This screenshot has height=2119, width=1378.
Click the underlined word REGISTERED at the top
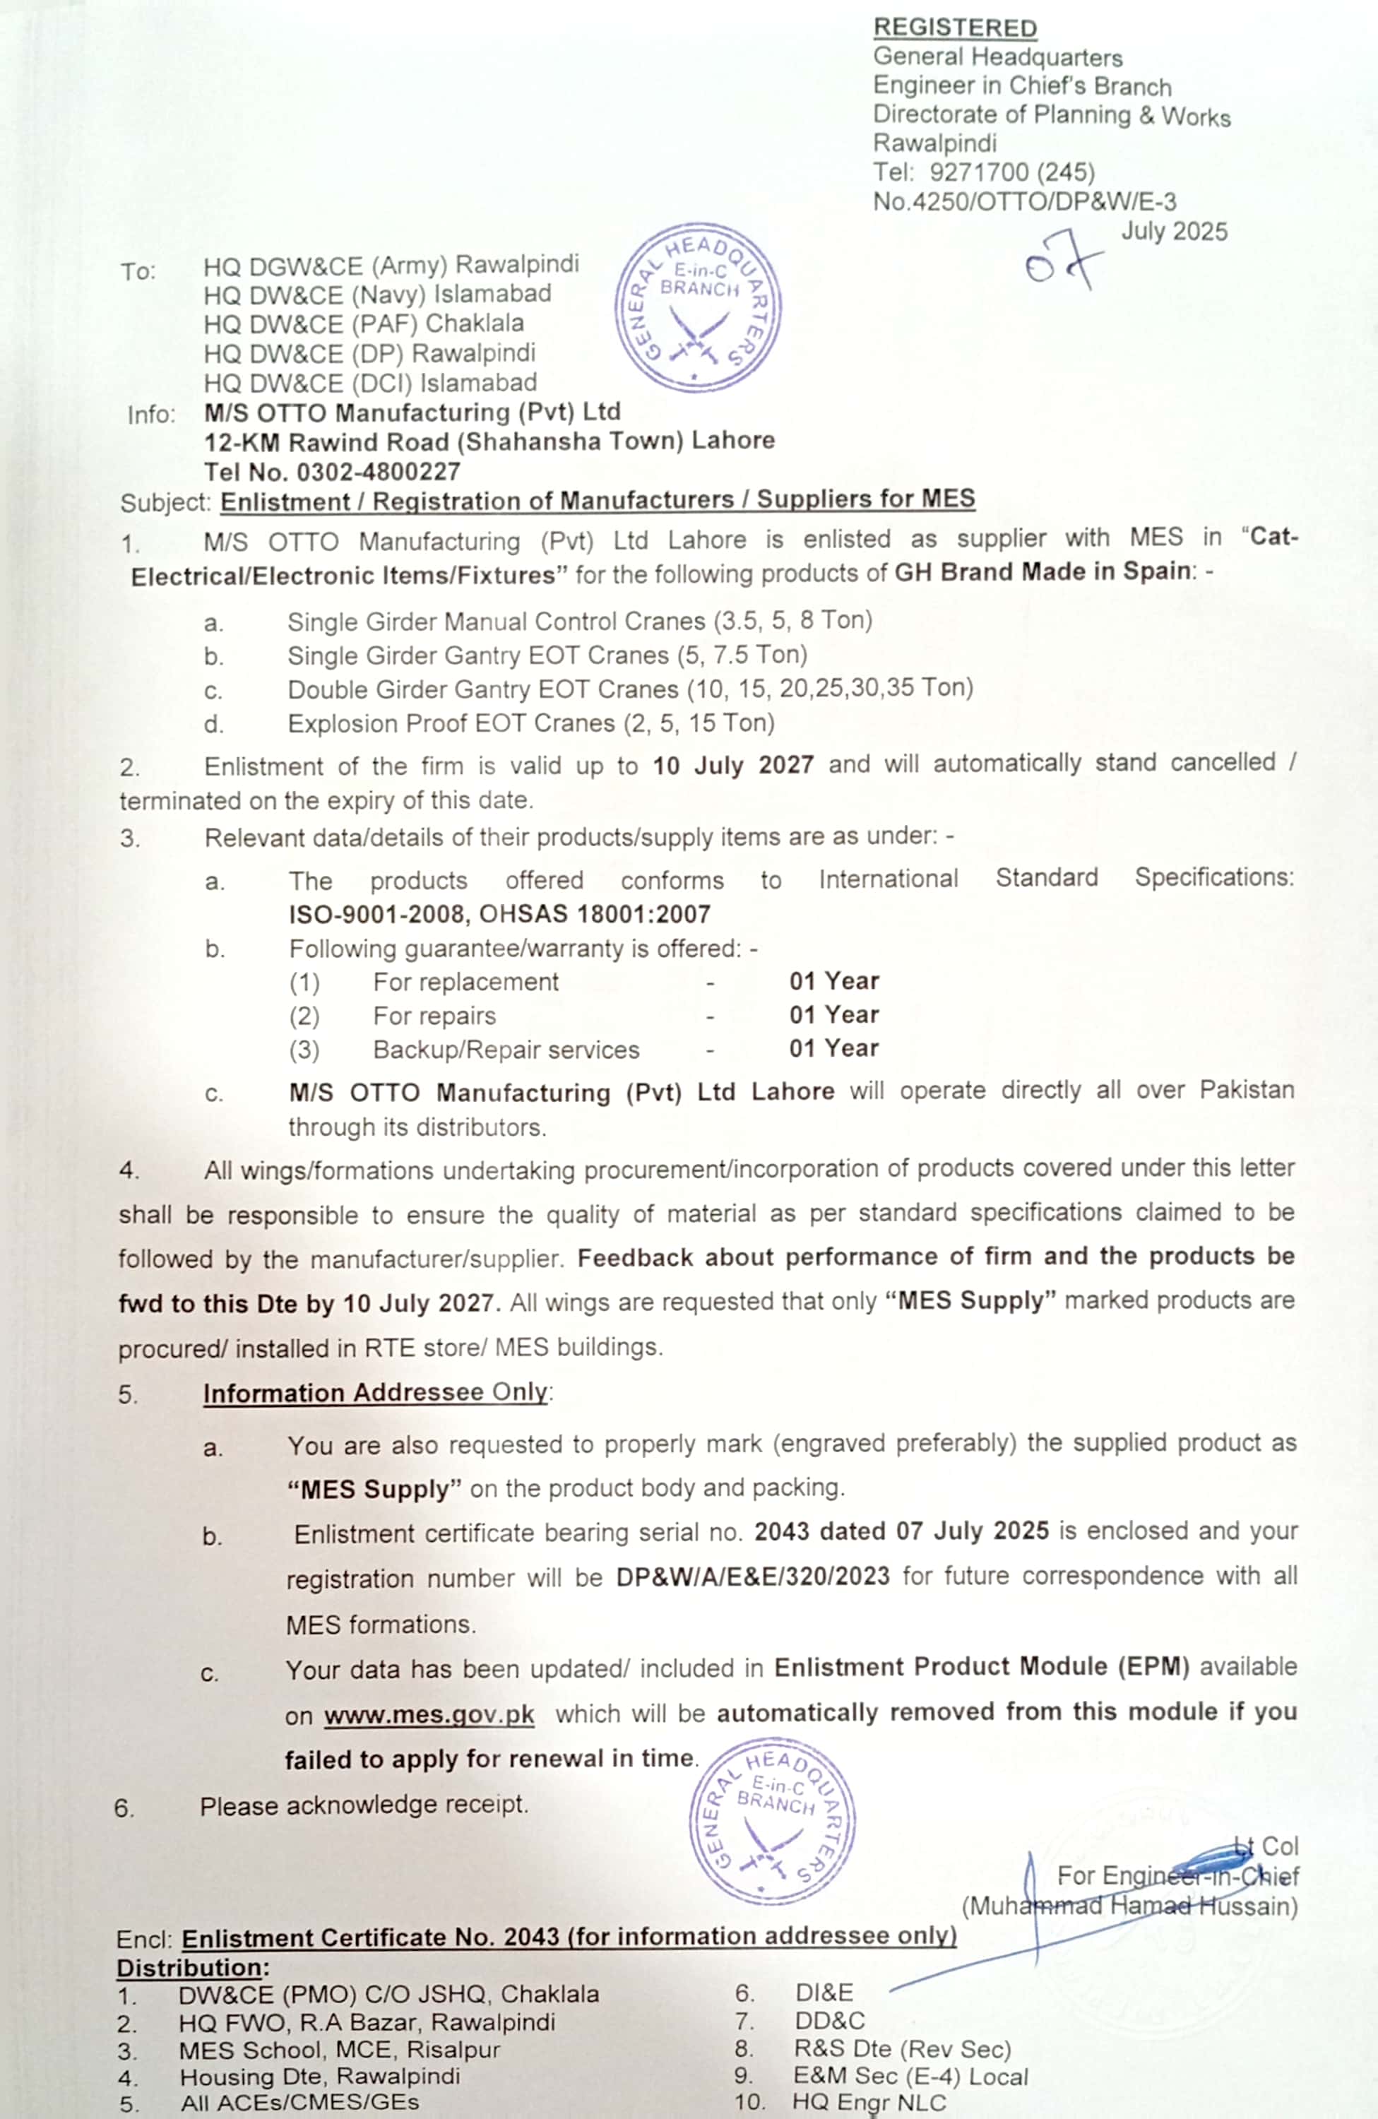pyautogui.click(x=954, y=28)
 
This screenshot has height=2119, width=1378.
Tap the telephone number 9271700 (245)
pyautogui.click(x=1012, y=172)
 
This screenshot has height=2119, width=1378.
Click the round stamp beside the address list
pyautogui.click(x=698, y=307)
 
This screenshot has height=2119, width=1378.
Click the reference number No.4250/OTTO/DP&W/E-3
pyautogui.click(x=1023, y=201)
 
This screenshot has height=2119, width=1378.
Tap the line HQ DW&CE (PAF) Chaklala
pyautogui.click(x=363, y=324)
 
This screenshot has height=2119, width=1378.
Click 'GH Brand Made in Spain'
pyautogui.click(x=1042, y=571)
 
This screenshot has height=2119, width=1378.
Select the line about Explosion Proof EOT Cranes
pyautogui.click(x=530, y=723)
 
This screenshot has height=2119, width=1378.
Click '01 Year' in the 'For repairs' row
pyautogui.click(x=833, y=1015)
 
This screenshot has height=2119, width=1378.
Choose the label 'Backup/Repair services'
pyautogui.click(x=506, y=1050)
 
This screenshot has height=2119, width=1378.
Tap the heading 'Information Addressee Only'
pyautogui.click(x=375, y=1392)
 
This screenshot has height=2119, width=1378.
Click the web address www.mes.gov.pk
pyautogui.click(x=429, y=1715)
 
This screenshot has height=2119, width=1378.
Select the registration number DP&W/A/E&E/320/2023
pyautogui.click(x=752, y=1576)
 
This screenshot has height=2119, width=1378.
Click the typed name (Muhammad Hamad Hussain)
pyautogui.click(x=1129, y=1906)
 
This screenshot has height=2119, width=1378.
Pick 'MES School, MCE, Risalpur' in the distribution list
pyautogui.click(x=339, y=2050)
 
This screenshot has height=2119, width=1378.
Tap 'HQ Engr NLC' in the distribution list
pyautogui.click(x=869, y=2102)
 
